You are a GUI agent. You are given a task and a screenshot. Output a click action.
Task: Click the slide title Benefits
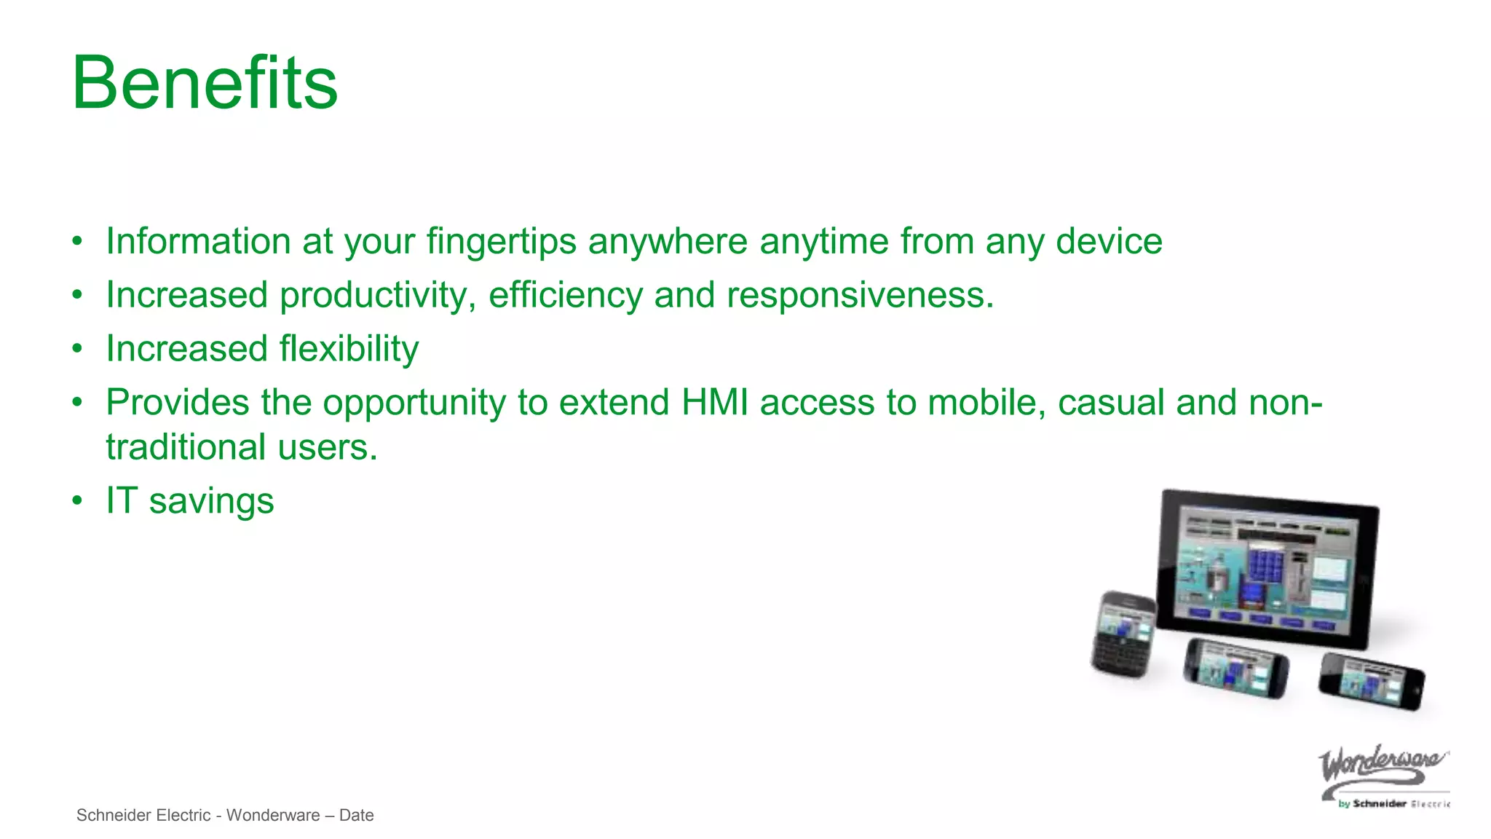tap(205, 83)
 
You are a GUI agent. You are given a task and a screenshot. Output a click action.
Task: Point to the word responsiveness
tap(859, 296)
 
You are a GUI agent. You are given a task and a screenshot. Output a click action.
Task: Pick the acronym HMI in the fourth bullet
tap(715, 403)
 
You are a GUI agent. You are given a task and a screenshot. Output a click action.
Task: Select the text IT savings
tap(189, 501)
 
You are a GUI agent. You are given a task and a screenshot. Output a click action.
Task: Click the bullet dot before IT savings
tap(78, 501)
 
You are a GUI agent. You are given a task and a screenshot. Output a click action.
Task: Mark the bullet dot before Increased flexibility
tap(78, 349)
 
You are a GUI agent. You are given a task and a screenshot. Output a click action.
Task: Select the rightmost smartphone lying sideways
tap(1372, 682)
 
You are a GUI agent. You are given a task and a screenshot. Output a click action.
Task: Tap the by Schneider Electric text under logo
tap(1392, 804)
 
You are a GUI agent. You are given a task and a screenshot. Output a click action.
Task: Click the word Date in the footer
tap(356, 816)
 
